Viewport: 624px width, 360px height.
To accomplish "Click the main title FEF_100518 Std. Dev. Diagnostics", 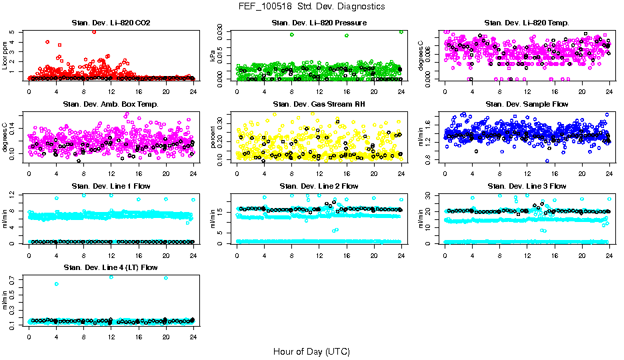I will [x=311, y=6].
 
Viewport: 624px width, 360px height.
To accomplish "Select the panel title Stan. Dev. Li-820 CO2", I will [x=111, y=23].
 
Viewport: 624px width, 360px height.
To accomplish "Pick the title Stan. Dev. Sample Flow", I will [x=527, y=105].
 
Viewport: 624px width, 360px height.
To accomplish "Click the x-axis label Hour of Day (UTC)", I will [x=311, y=351].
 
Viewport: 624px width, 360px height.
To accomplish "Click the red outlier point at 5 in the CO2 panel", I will [x=94, y=32].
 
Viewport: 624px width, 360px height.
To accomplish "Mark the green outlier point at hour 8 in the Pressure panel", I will [x=291, y=35].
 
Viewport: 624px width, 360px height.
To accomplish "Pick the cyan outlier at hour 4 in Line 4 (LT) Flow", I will [x=57, y=284].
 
